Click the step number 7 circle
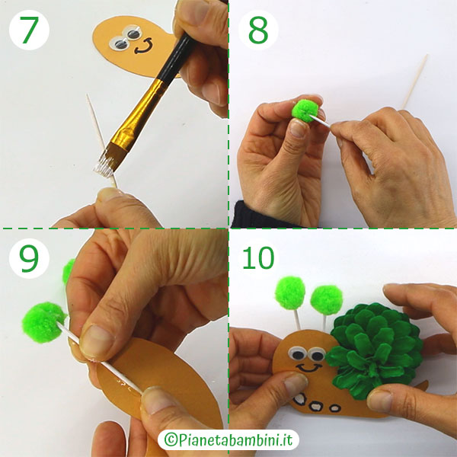pos(30,30)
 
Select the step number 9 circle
pos(30,258)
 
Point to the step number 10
pos(257,258)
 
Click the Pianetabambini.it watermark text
pos(228,440)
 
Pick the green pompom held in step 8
pos(306,111)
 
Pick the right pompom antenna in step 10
pos(326,300)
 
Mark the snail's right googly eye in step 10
pos(315,354)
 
